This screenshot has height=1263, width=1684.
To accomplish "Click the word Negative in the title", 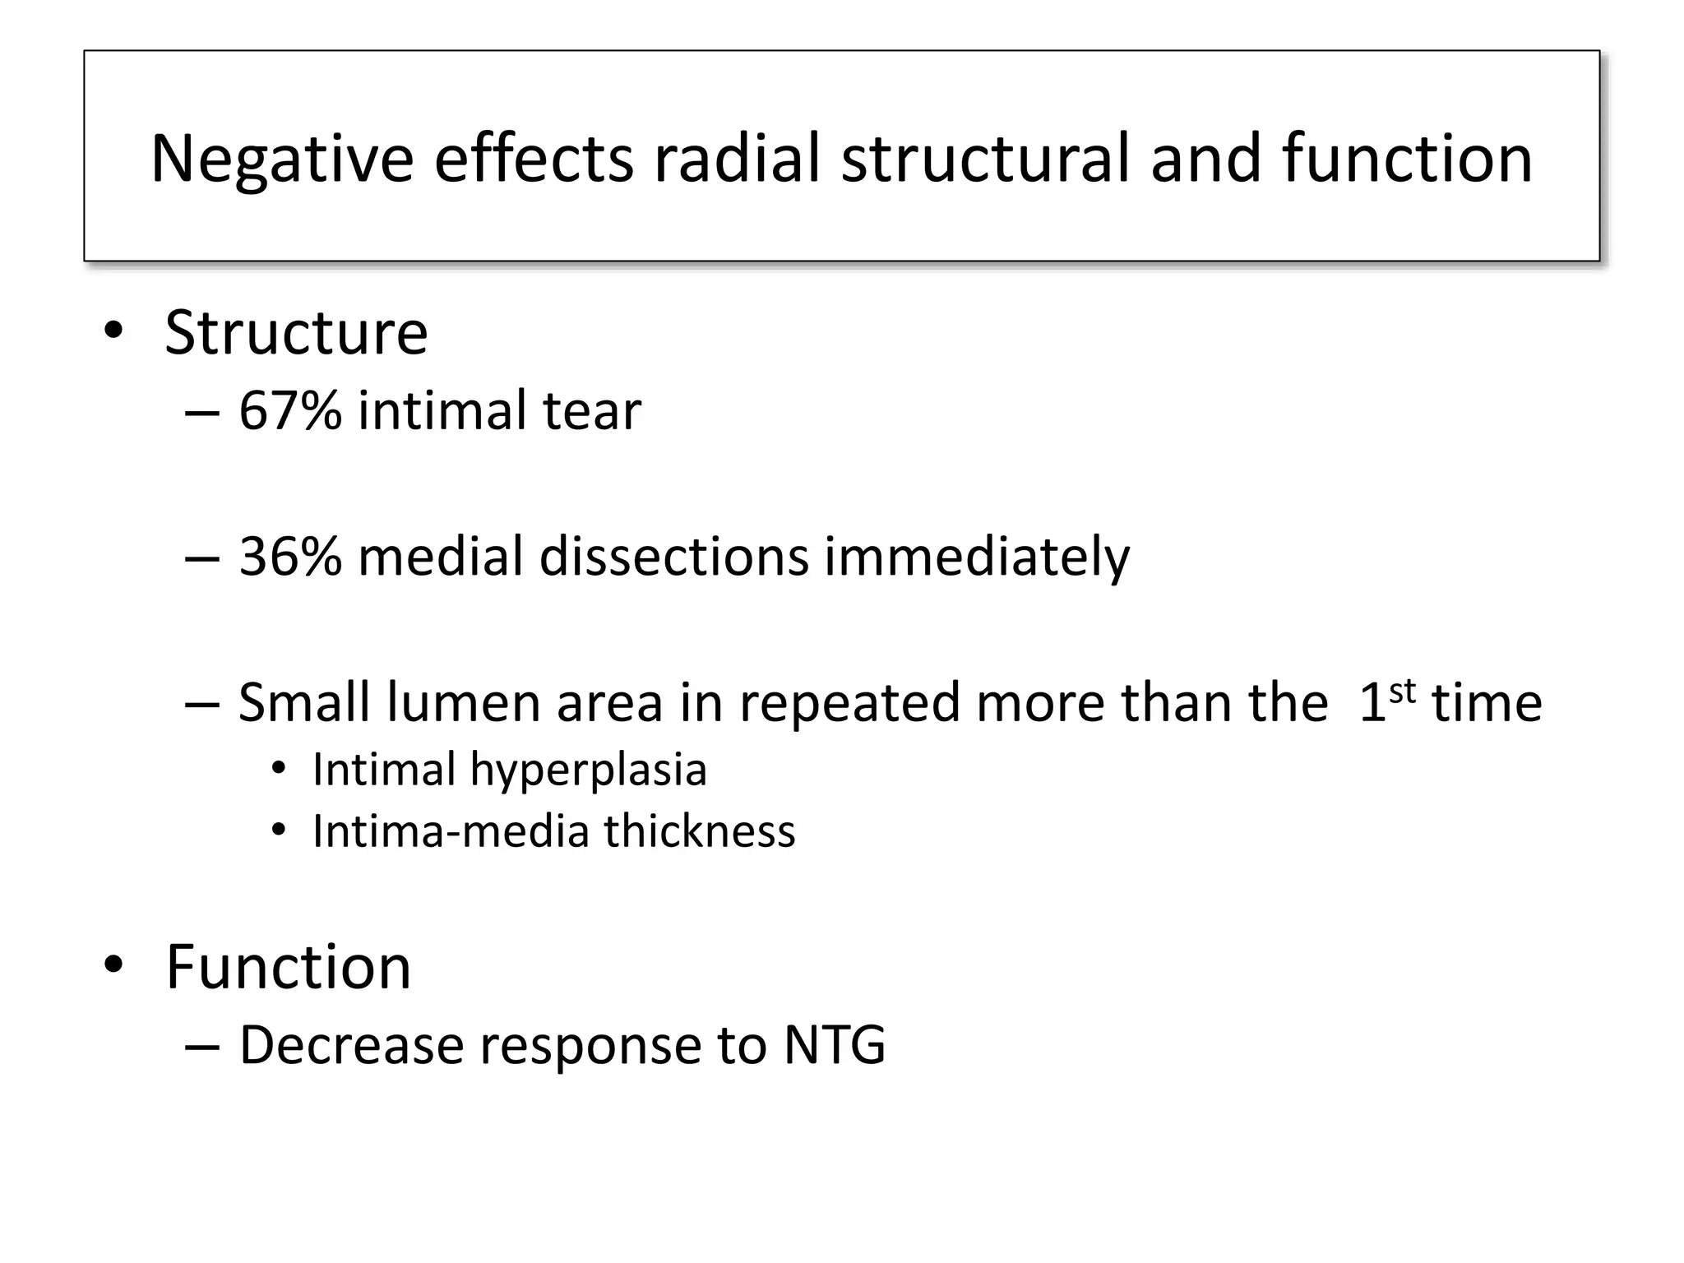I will coord(282,159).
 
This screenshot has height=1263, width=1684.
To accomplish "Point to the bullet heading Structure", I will coord(296,333).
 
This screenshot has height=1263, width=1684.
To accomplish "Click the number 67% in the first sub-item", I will coord(289,410).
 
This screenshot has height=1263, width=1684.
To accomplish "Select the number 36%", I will coord(289,557).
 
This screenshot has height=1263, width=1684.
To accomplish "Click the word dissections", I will coord(673,557).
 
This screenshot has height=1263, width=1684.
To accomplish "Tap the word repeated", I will coord(849,705).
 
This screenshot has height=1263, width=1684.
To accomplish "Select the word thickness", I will coord(700,831).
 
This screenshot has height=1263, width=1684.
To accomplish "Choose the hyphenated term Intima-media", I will coord(451,831).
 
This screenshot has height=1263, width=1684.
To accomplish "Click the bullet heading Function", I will coord(288,967).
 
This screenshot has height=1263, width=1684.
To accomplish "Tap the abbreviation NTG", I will coord(835,1045).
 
